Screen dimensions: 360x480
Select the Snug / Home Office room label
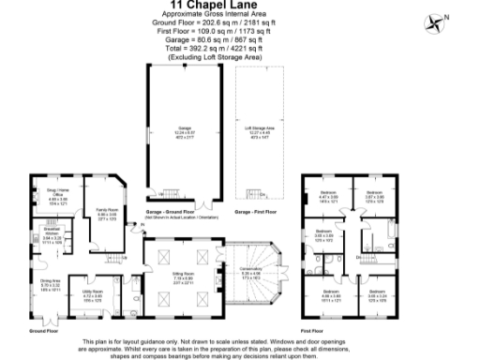tap(58, 196)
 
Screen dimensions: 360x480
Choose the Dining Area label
tap(50, 284)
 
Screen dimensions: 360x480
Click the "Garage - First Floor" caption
tap(256, 212)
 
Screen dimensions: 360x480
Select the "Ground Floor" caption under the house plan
tap(43, 331)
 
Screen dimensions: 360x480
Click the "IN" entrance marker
tap(134, 224)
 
